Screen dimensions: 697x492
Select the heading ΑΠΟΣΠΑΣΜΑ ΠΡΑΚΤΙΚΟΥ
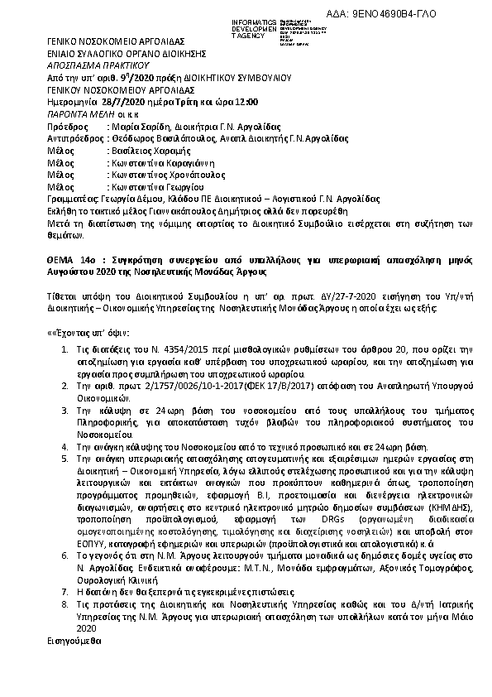pyautogui.click(x=84, y=63)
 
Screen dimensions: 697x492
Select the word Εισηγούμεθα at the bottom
pyautogui.click(x=72, y=641)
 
